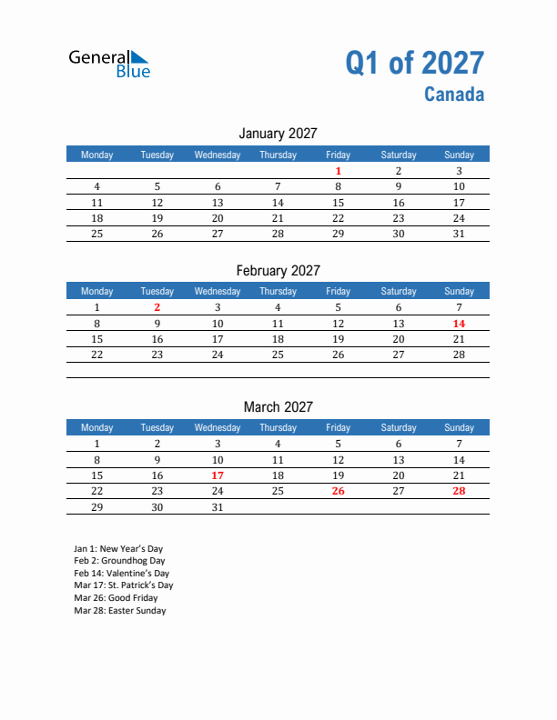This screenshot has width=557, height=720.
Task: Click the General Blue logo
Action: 109,63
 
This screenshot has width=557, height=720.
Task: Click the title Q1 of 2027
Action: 414,63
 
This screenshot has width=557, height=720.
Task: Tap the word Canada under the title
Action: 453,94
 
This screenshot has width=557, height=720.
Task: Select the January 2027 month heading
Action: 278,134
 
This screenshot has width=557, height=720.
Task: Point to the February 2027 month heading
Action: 278,270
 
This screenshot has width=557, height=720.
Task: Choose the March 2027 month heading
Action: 278,406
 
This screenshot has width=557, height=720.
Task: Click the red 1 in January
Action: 338,171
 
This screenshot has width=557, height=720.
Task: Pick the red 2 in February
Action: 157,307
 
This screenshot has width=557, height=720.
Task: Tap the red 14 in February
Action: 459,324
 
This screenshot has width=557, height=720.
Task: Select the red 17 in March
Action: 218,475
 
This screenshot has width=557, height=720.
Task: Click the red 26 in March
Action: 338,492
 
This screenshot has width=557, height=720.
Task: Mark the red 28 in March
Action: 459,492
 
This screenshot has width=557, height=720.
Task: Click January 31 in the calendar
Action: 459,234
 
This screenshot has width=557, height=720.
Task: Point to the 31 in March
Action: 218,508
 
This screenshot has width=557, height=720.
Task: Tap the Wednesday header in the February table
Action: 218,291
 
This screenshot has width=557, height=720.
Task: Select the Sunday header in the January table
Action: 459,155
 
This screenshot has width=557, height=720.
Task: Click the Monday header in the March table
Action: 97,427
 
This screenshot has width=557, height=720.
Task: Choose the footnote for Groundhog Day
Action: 119,561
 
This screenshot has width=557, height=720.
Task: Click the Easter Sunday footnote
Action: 120,610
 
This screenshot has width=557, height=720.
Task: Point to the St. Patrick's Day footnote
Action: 124,585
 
